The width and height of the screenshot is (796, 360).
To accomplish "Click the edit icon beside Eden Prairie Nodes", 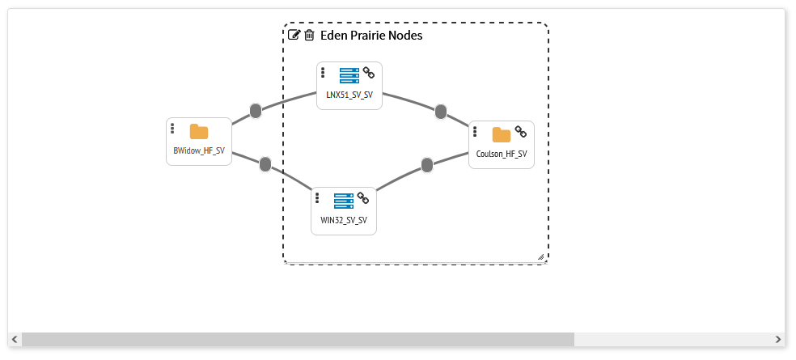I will coord(294,35).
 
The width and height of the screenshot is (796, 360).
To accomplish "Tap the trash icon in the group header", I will coord(309,35).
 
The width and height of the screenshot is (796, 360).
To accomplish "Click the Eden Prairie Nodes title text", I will coord(371,36).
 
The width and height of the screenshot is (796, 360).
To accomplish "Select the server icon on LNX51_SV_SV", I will coord(349,76).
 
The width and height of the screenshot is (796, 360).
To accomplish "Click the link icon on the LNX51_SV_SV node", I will coord(369,72).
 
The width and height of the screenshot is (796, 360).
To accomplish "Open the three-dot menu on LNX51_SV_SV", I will coord(323,73).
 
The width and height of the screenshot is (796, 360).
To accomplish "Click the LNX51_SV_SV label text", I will coord(349,95).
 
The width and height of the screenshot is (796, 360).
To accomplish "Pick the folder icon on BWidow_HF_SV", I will coord(199,132).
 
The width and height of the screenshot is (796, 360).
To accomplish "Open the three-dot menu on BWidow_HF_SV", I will coord(172,129).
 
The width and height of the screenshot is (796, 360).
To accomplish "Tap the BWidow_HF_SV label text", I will coord(199,151).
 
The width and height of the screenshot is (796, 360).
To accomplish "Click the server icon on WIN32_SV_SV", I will coord(344,201).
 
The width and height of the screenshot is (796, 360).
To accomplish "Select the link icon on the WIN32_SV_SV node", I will coord(363,197).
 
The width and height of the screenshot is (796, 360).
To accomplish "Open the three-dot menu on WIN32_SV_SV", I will coord(317,197).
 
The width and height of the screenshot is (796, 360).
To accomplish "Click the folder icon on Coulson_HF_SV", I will coord(502,134).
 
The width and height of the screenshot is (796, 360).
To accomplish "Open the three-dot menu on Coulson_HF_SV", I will coord(475,132).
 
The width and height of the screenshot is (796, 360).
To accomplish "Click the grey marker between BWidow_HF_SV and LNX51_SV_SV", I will coord(256,111).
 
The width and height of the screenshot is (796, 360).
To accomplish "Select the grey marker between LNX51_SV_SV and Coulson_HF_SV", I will coord(441,112).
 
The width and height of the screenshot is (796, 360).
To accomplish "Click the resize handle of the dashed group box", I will coord(541,256).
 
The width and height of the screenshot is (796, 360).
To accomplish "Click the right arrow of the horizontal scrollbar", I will coord(778,339).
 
